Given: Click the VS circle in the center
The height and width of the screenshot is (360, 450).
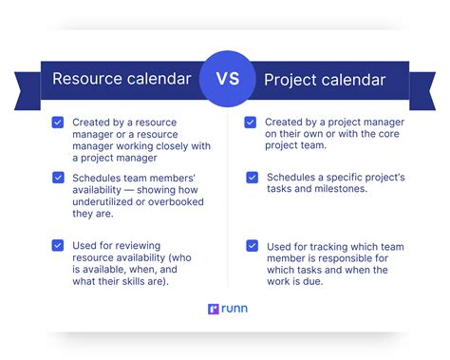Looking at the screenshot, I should point(225,79).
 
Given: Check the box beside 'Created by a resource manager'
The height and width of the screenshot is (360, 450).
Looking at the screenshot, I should point(59,122).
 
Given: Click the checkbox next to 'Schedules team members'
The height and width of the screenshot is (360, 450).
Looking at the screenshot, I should point(59,178).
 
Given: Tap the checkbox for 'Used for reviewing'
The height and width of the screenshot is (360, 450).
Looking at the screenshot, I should point(59,245).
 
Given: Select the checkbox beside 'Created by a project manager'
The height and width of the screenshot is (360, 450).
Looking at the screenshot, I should point(251,122).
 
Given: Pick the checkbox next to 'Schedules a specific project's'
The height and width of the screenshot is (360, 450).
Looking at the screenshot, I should point(252,177).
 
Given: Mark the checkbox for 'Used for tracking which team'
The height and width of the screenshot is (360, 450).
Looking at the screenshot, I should point(252,245).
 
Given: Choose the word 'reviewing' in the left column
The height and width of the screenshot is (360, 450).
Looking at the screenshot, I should point(143,245).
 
